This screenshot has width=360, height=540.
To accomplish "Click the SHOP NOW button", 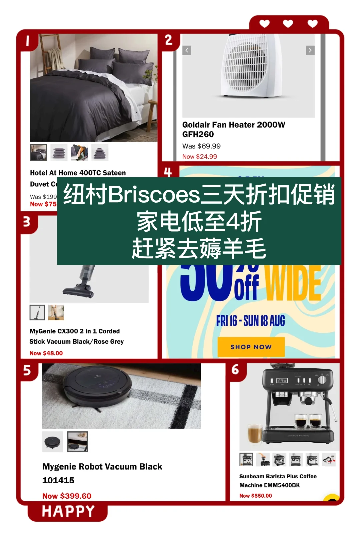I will [x=251, y=347].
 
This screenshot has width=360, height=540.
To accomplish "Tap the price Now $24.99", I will [x=199, y=157].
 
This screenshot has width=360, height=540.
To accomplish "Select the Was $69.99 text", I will [x=201, y=146].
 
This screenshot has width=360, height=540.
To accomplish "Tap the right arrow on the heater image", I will [x=310, y=50].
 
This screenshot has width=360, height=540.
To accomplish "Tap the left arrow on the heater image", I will [x=187, y=50].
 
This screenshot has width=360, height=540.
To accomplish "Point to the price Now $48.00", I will [x=46, y=353].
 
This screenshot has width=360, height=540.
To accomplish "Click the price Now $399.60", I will [x=67, y=496].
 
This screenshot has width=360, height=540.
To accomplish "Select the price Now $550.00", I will [x=256, y=496].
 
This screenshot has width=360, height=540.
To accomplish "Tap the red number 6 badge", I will [x=235, y=369].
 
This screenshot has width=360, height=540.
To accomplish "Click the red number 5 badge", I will [x=27, y=370].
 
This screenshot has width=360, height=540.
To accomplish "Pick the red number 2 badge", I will [x=169, y=40].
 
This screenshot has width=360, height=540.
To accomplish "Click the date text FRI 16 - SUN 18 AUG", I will [x=251, y=321].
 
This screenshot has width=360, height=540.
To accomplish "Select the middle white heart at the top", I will [x=288, y=24].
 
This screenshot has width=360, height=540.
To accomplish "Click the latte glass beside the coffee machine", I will [x=255, y=433].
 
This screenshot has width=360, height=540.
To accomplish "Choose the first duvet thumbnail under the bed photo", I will [x=38, y=152].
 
